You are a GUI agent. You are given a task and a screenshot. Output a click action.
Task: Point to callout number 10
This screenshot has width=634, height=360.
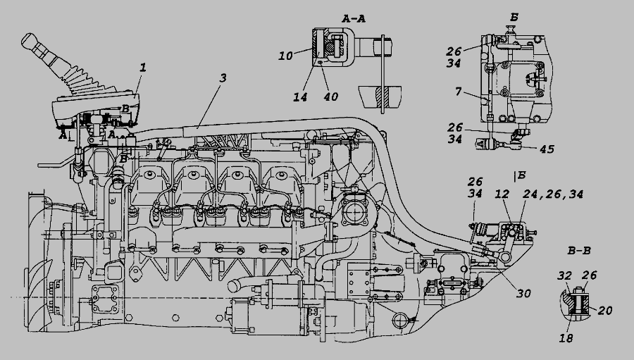click(285, 55)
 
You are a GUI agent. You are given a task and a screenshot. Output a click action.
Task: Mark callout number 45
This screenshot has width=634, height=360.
click(547, 149)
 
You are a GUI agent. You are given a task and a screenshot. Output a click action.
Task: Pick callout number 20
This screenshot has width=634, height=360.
click(605, 309)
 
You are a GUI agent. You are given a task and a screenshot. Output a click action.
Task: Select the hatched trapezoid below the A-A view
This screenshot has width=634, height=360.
click(379, 97)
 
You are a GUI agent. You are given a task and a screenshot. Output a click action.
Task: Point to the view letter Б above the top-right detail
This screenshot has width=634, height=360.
click(514, 17)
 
